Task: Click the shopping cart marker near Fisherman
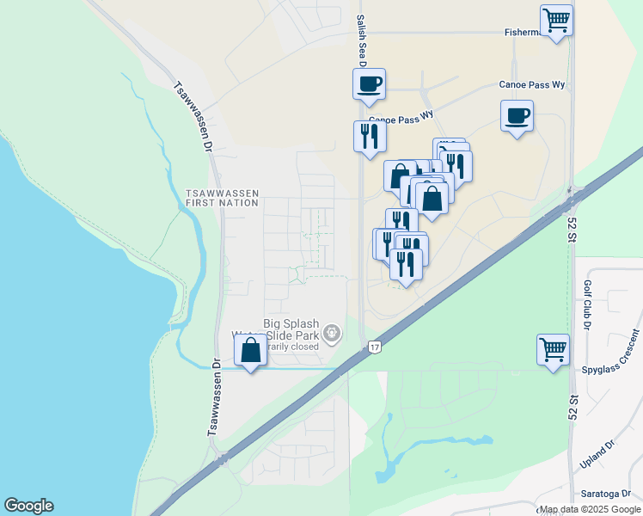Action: [x=556, y=20]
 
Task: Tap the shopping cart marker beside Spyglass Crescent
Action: [x=554, y=349]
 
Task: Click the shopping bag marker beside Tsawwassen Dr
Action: [x=250, y=350]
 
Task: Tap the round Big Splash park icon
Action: [x=330, y=333]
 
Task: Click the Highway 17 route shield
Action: [x=374, y=347]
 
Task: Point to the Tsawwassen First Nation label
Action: [x=222, y=199]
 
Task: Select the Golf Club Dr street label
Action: [x=588, y=304]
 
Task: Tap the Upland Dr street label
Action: [x=599, y=455]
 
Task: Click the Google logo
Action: [x=28, y=506]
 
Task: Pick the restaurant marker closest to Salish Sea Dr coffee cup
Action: [x=370, y=137]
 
